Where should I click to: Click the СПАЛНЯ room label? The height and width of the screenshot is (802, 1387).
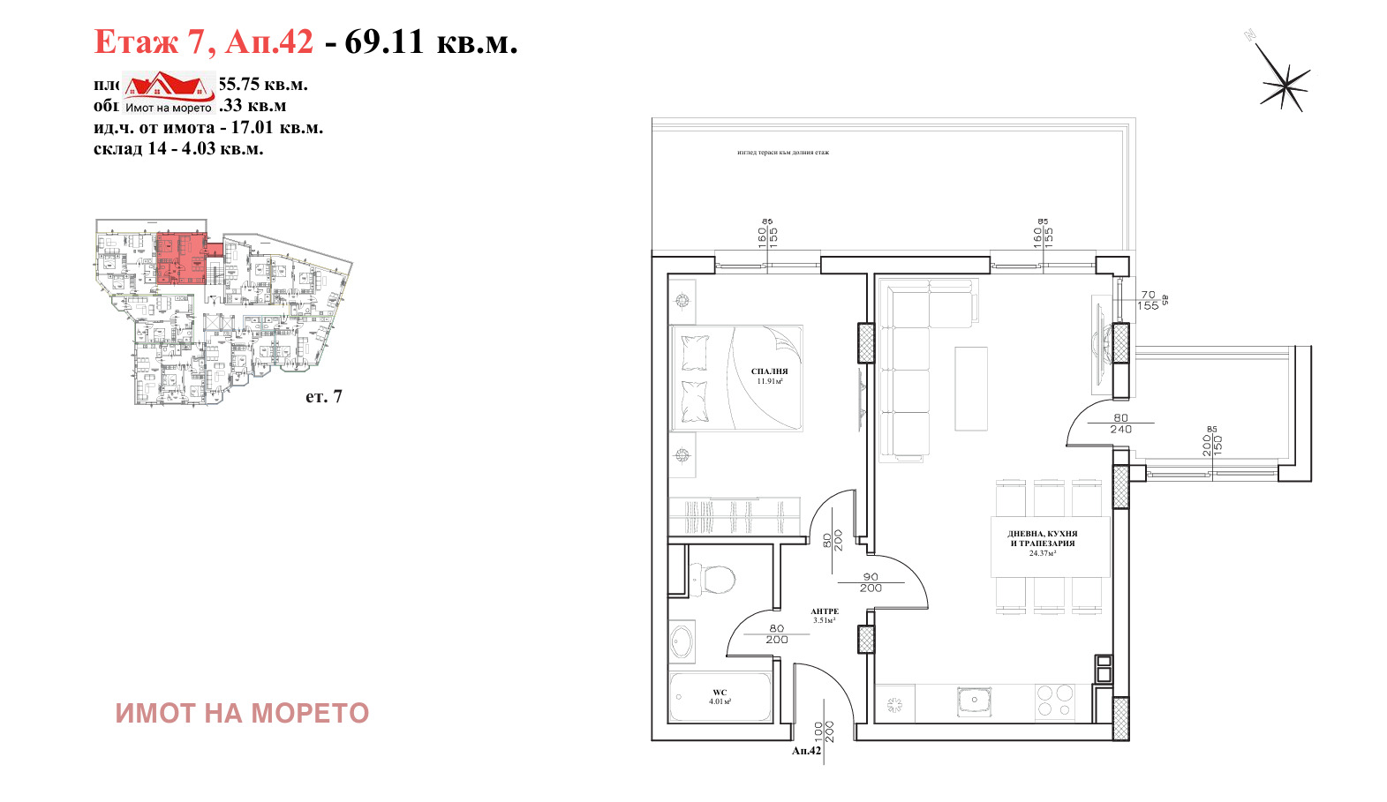click(x=769, y=371)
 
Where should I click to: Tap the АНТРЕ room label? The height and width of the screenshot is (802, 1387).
click(x=825, y=611)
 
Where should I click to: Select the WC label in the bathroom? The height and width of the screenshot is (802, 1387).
click(x=720, y=693)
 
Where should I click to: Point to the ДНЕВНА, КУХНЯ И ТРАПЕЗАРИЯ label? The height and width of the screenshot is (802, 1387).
click(x=1042, y=538)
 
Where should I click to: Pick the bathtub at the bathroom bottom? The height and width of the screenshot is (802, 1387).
click(x=720, y=697)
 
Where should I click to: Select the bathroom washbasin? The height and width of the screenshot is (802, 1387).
click(x=682, y=641)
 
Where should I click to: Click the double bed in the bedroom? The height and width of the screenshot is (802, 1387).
click(x=736, y=379)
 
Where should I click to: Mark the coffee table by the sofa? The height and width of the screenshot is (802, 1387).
click(x=971, y=388)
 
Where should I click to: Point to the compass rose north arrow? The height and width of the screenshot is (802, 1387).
click(x=1284, y=85)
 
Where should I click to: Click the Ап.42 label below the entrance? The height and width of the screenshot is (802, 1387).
click(x=806, y=751)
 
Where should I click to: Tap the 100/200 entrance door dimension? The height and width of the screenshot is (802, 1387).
click(x=824, y=731)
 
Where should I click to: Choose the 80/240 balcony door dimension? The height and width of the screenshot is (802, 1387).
click(x=1120, y=423)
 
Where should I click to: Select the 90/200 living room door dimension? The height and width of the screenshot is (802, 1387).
click(x=871, y=582)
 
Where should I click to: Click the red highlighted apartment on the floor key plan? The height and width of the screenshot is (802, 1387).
click(x=181, y=258)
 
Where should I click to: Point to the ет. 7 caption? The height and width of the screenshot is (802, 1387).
click(x=323, y=397)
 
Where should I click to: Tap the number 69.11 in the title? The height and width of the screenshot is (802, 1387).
click(x=384, y=41)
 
